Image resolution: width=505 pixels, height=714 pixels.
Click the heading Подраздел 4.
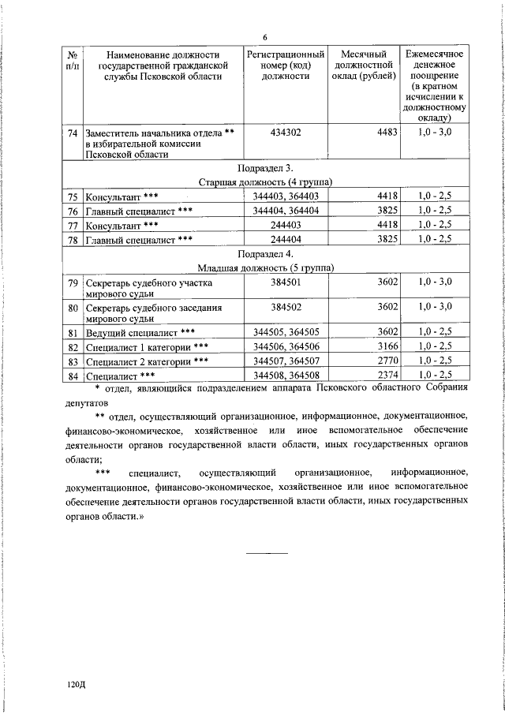click(x=265, y=256)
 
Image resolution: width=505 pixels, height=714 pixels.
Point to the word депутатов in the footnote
click(x=89, y=401)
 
